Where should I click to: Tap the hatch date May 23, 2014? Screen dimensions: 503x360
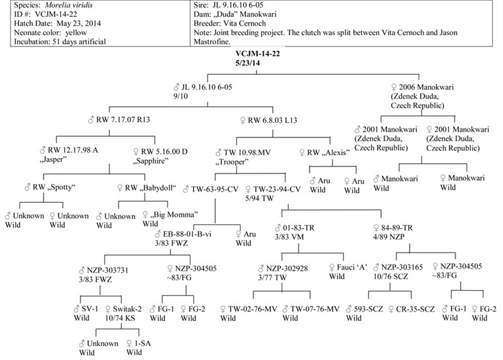point(79,23)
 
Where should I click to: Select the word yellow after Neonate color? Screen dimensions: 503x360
point(76,33)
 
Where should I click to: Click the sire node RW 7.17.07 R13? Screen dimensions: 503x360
point(119,120)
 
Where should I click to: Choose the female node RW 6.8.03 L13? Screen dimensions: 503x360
point(269,120)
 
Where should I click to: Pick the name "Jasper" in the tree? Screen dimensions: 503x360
point(53,160)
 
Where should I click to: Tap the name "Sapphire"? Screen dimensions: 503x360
point(151,161)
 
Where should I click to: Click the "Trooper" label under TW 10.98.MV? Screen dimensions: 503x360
point(231,162)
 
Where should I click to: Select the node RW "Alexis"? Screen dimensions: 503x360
point(324,153)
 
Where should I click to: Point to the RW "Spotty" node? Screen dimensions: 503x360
point(50,187)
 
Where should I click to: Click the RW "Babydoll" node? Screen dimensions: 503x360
point(147,188)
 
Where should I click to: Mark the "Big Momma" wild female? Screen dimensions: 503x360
point(170,214)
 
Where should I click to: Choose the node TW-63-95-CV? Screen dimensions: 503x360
point(211,190)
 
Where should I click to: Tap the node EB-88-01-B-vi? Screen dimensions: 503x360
point(183,234)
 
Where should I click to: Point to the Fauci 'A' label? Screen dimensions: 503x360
point(348,268)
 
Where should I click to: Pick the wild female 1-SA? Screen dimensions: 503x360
point(138,343)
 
